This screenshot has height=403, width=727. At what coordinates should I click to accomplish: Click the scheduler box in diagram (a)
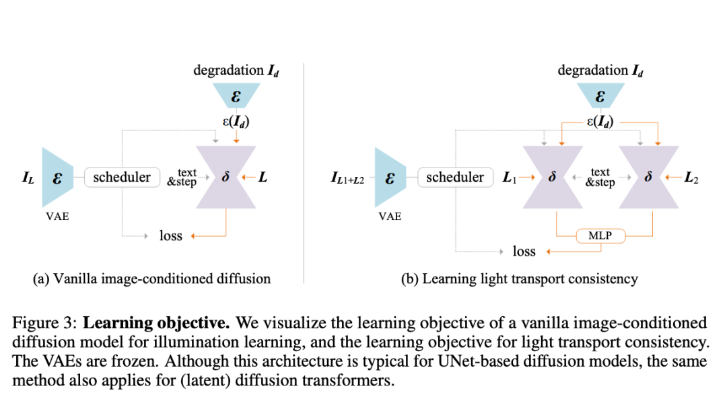122,178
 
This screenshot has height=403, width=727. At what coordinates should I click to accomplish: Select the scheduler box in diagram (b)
455,178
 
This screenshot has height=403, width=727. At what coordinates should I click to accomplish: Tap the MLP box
600,236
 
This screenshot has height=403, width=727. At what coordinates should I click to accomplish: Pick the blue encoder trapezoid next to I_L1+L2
390,178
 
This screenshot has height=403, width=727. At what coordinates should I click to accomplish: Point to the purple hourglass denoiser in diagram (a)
226,178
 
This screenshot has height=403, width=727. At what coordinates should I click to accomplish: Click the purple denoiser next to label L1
551,178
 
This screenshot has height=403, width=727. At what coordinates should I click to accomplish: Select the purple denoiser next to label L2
648,178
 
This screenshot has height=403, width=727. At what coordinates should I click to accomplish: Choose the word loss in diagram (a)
171,235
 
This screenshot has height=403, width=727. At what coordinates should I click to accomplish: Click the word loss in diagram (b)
524,252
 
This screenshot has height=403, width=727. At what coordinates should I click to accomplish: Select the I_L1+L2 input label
347,179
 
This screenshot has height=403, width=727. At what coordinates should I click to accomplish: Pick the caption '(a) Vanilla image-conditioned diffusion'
152,279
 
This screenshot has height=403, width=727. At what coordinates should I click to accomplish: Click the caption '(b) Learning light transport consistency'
519,279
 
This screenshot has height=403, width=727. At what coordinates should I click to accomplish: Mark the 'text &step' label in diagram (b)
600,178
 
